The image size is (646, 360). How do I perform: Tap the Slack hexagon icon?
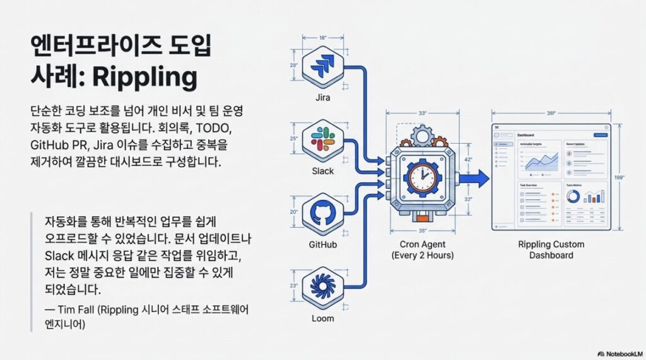pyautogui.click(x=323, y=141)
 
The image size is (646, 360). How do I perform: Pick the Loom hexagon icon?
pyautogui.click(x=323, y=287)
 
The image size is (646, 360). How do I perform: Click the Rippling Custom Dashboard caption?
pyautogui.click(x=551, y=250)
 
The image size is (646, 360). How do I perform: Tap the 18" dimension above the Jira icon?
pyautogui.click(x=323, y=38)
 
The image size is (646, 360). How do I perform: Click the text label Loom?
pyautogui.click(x=323, y=318)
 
